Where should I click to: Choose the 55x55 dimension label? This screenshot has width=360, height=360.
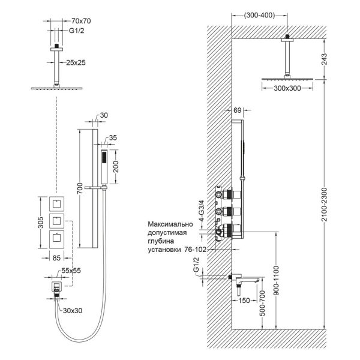point(76,271)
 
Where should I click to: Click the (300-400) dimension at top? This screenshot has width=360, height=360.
point(258,16)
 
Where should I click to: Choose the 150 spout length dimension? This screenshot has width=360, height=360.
point(244,302)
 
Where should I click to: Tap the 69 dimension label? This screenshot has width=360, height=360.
point(236,110)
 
